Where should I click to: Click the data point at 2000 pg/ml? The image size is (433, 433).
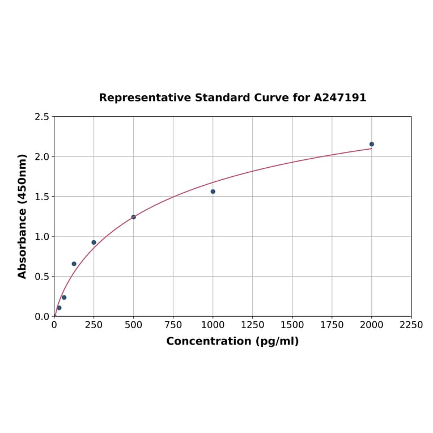[372, 144]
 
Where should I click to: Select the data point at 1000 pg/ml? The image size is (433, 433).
[213, 192]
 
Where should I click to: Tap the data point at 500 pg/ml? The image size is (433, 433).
[134, 217]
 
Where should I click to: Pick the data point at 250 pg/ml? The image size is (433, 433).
[94, 243]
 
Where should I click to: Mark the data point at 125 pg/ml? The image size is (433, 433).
[74, 264]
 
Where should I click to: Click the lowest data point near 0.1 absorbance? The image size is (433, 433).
[59, 308]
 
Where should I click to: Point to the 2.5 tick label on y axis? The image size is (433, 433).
[42, 117]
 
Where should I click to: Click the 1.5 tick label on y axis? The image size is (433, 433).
[42, 197]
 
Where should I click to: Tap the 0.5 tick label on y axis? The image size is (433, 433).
[42, 277]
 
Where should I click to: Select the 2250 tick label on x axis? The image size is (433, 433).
[411, 325]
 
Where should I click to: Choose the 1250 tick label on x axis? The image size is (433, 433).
[253, 325]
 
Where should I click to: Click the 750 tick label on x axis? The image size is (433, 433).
[173, 325]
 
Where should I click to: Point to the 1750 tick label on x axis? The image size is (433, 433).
[332, 325]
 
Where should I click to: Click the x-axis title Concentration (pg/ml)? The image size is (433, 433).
[232, 341]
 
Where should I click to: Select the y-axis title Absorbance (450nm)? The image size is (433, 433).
[23, 216]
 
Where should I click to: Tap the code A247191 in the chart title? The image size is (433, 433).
[340, 97]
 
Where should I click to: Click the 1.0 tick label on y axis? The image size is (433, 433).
[42, 236]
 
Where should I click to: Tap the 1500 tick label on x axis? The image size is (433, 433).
[292, 325]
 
